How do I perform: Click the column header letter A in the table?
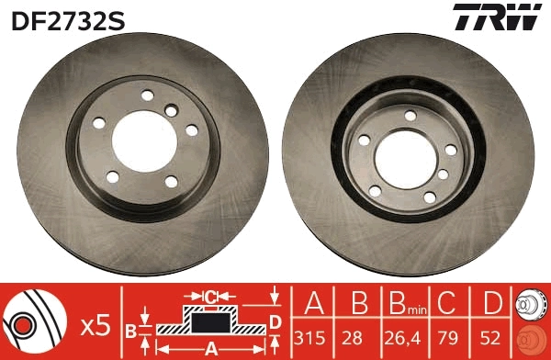(313, 303)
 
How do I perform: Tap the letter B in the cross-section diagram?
(130, 329)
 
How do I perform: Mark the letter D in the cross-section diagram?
(274, 321)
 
